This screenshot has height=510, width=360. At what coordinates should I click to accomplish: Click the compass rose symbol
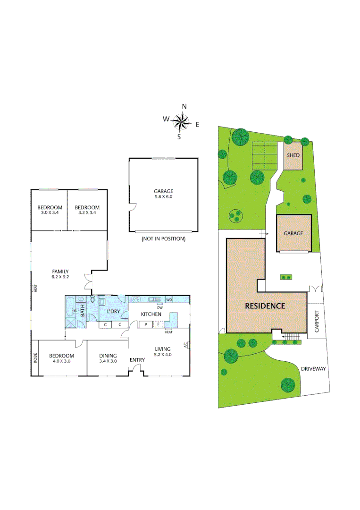click(x=180, y=122)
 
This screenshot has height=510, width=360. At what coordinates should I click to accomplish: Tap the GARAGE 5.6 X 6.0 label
click(x=163, y=194)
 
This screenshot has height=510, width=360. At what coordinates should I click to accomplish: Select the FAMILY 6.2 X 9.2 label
click(x=61, y=274)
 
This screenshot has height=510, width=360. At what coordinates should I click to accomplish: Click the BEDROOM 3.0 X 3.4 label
click(x=50, y=210)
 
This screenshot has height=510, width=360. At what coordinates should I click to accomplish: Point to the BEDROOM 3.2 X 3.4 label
click(x=87, y=210)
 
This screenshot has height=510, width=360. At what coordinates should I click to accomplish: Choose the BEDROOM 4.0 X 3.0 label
click(x=61, y=358)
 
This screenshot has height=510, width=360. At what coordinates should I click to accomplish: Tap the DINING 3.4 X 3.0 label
click(x=108, y=358)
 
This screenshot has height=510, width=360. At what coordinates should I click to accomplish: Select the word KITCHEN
click(x=151, y=314)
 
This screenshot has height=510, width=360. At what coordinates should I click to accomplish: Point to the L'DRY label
click(x=113, y=312)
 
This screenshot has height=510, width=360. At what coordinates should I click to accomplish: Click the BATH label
click(x=82, y=311)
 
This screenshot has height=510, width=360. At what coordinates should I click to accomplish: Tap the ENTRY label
click(x=137, y=360)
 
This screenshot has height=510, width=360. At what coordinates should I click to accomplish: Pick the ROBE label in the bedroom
click(x=35, y=358)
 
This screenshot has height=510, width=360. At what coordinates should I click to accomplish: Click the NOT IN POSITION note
click(x=163, y=239)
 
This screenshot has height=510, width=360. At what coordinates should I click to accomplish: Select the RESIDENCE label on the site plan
click(x=265, y=306)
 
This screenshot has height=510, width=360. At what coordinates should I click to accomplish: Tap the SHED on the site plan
click(x=293, y=155)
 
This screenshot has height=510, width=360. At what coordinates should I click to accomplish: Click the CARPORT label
click(x=317, y=321)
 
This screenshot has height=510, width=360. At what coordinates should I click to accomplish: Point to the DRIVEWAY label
click(x=314, y=369)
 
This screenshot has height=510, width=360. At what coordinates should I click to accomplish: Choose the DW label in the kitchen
click(x=160, y=307)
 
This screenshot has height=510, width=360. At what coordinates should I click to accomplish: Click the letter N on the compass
click(x=184, y=106)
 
